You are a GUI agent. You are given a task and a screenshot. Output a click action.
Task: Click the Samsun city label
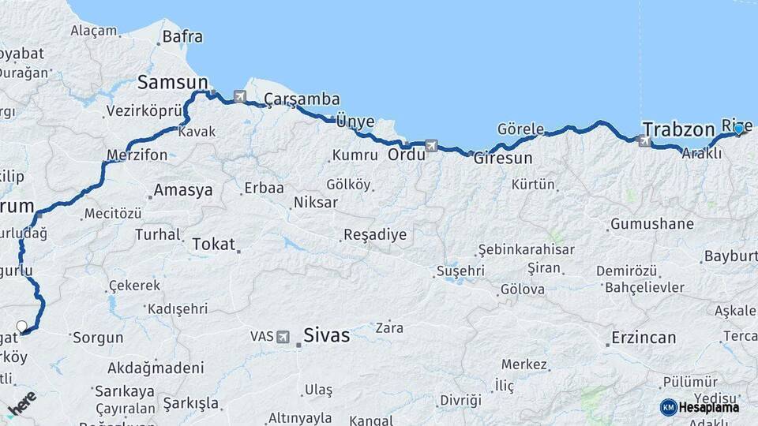[x=173, y=82]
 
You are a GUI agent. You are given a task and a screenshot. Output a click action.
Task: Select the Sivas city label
[x=325, y=335]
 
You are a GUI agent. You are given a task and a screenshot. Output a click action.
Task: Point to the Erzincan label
[x=644, y=338]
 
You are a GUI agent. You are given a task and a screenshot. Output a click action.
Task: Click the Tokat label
[x=213, y=244]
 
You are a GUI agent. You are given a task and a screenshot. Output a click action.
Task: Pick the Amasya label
[x=183, y=190]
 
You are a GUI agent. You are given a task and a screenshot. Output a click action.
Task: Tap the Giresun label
[x=503, y=158]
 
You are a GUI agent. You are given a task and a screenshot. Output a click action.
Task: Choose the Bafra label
[x=182, y=36]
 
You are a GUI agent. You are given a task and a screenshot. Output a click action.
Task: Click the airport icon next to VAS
[x=283, y=337]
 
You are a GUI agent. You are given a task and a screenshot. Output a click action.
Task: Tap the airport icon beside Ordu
[x=430, y=145]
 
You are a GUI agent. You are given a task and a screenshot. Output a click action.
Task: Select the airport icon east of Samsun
[x=239, y=96]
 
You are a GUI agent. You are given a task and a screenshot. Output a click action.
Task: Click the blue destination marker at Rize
[x=738, y=129]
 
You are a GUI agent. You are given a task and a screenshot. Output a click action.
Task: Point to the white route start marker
[x=21, y=326]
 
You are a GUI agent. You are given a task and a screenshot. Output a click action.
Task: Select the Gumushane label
[x=651, y=224]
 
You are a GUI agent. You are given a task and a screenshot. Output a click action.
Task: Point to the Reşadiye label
[x=374, y=234]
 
